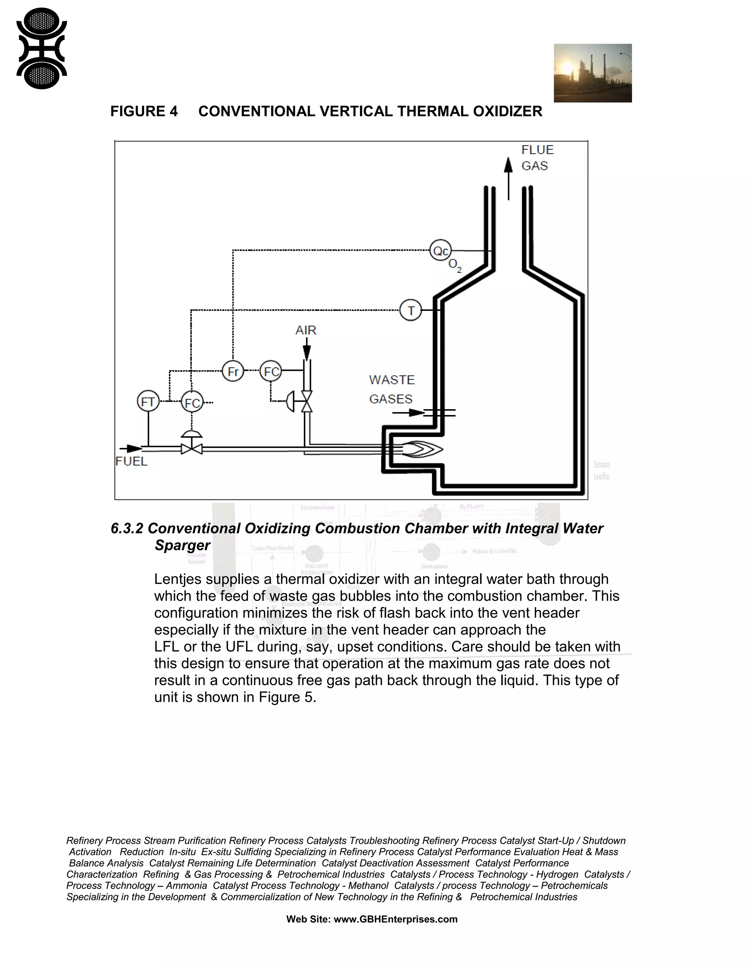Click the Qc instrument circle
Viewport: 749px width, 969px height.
(440, 251)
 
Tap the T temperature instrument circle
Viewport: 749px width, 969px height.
(410, 310)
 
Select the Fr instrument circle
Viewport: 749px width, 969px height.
(233, 372)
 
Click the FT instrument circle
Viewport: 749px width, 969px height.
(148, 402)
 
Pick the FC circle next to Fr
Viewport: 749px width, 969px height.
(271, 372)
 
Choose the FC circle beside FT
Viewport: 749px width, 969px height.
(192, 403)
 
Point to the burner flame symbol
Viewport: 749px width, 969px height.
(422, 449)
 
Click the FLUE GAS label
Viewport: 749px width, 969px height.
(537, 158)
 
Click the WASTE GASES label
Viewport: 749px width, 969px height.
(392, 389)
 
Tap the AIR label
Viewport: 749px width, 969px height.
(306, 330)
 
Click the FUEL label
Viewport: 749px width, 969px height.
(131, 461)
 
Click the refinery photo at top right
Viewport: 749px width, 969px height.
(592, 73)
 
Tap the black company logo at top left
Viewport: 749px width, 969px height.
(41, 48)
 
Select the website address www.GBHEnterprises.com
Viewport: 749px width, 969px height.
(395, 919)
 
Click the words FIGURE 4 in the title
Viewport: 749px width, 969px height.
(144, 111)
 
